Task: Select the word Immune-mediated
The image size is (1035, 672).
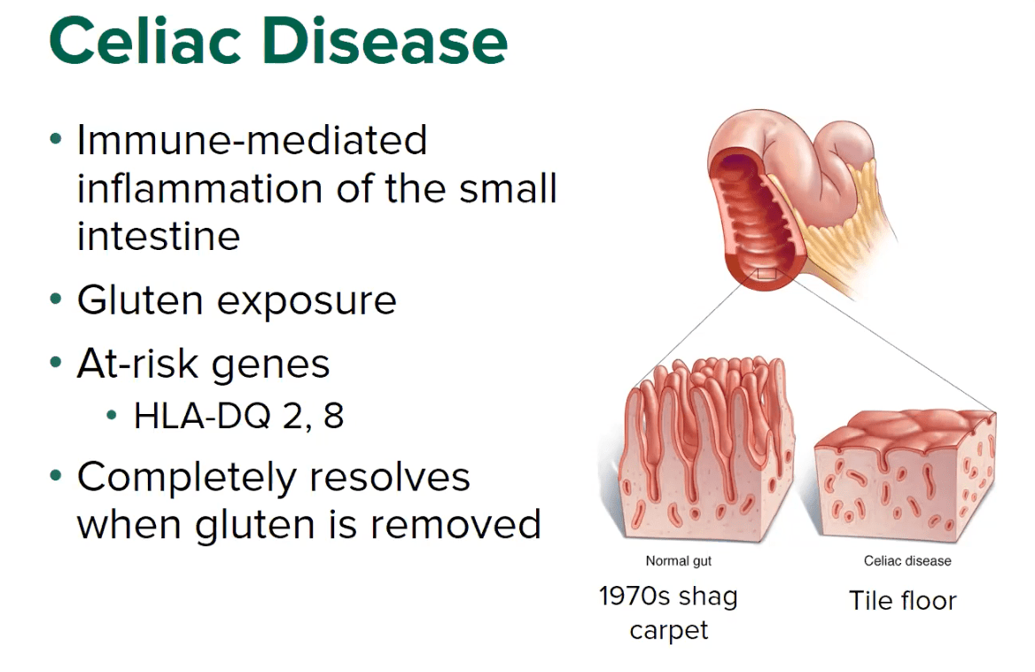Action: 252,140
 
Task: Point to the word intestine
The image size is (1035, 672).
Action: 159,236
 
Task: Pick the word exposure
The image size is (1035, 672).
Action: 307,301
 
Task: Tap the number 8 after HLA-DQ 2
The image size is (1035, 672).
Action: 333,415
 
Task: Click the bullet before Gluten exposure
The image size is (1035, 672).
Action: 57,301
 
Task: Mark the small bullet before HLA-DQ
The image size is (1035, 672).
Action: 112,416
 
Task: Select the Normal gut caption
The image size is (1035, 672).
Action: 678,560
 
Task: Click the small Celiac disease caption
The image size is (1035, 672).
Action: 907,560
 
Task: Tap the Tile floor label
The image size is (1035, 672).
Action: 902,600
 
